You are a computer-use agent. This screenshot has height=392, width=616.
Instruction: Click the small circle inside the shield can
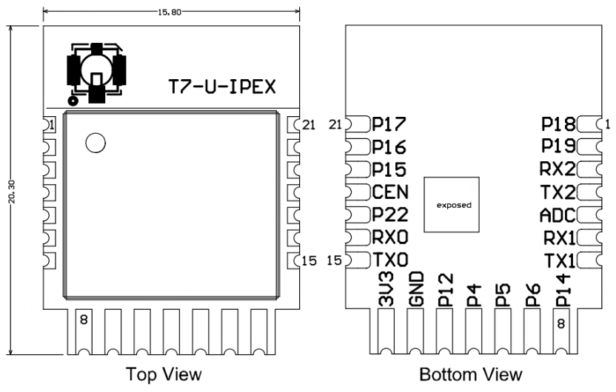[x=95, y=143]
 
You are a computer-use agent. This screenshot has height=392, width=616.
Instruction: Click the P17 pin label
[x=389, y=124]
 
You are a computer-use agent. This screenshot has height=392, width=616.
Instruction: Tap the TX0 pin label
[x=389, y=261]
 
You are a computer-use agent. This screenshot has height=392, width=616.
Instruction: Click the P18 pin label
[x=558, y=124]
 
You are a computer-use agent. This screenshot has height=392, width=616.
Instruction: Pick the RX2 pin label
[x=558, y=169]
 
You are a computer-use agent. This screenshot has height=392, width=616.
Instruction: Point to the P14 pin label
[x=560, y=289]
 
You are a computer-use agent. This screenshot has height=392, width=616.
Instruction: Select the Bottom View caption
[x=471, y=375]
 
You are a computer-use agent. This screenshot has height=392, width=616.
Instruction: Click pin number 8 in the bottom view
[x=561, y=323]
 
